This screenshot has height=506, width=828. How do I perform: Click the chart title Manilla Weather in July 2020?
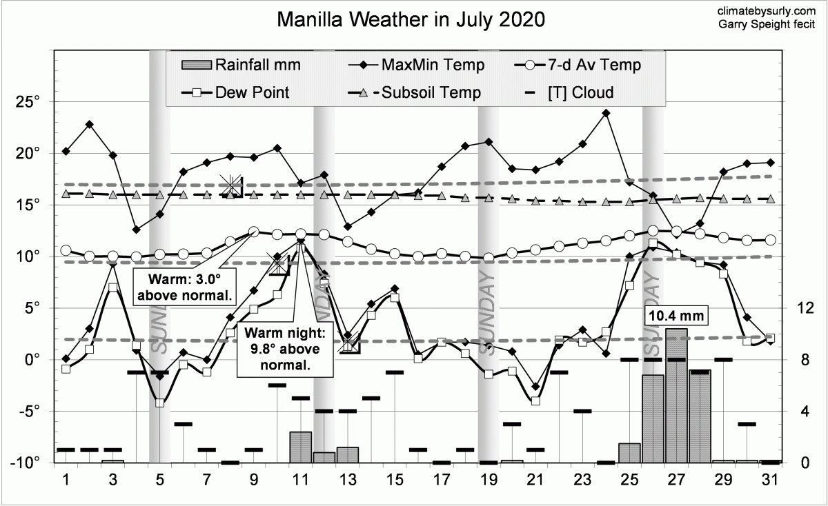tap(411, 19)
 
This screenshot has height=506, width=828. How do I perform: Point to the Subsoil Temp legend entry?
tap(417, 92)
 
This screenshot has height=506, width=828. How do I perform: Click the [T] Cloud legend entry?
tap(570, 92)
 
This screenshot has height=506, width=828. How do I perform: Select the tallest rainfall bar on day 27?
tap(676, 396)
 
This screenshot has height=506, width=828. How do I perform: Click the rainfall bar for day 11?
tap(300, 447)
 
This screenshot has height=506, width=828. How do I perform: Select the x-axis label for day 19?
tap(489, 479)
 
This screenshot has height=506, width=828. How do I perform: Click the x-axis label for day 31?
tap(770, 479)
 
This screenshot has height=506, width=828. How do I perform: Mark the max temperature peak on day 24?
tap(606, 113)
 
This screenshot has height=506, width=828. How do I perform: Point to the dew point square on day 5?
tap(159, 403)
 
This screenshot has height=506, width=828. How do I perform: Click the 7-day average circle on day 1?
tap(66, 250)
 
